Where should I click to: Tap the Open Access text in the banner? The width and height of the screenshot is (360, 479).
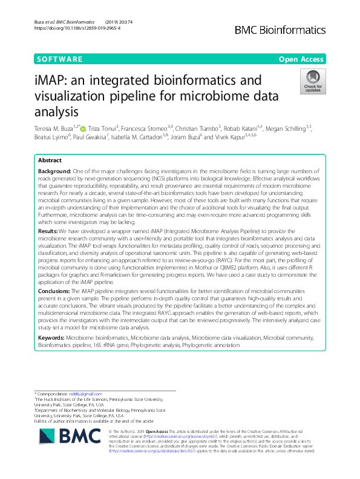pos(302,59)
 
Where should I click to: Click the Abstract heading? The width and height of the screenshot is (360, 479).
pos(50,160)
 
